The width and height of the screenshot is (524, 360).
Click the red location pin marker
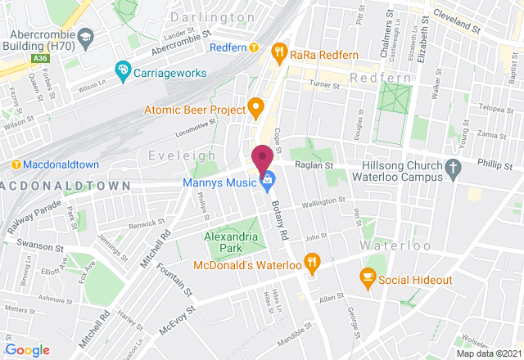pos(262,156)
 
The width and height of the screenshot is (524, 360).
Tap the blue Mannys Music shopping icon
pos(265,181)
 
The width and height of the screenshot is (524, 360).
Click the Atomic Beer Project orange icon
pos(255,108)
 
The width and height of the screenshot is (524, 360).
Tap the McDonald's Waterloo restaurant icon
pos(311,263)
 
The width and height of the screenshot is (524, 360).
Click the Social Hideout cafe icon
pos(368,280)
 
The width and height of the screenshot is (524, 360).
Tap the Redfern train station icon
pos(254,48)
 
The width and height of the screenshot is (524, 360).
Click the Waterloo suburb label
pos(391,245)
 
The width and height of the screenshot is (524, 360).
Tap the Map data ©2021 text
pos(489,353)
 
